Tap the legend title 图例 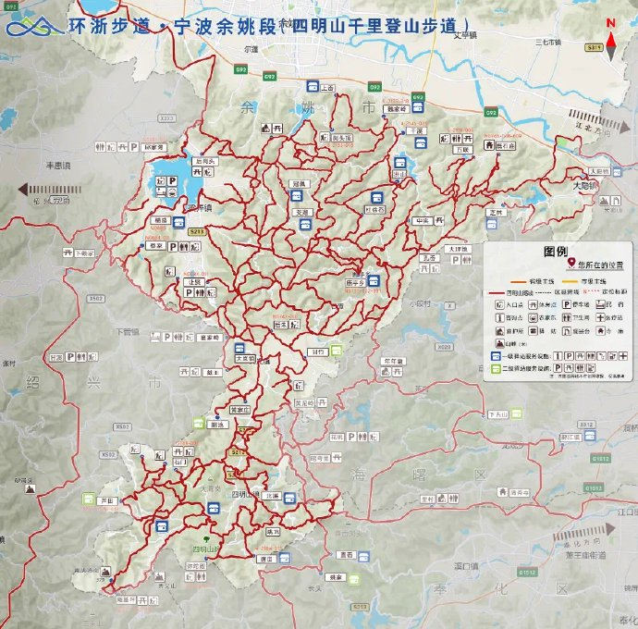pos(555,251)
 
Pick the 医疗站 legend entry pos(619,317)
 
